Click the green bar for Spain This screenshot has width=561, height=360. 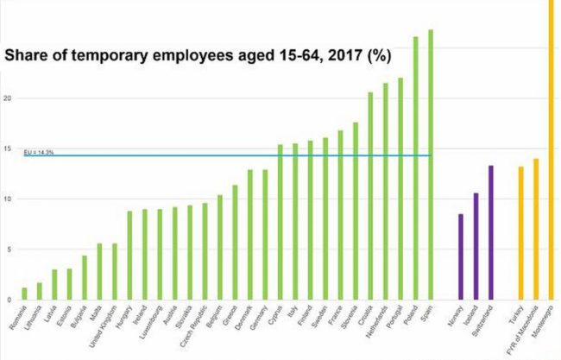coord(430,164)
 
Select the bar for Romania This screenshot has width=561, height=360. coord(24,294)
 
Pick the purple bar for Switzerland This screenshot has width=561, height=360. coord(490,232)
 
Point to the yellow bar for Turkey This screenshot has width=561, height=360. coord(520,233)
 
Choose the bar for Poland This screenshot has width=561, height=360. coord(415,168)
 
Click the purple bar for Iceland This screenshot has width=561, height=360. coord(476,246)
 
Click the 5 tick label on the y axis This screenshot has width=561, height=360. coord(8,249)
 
